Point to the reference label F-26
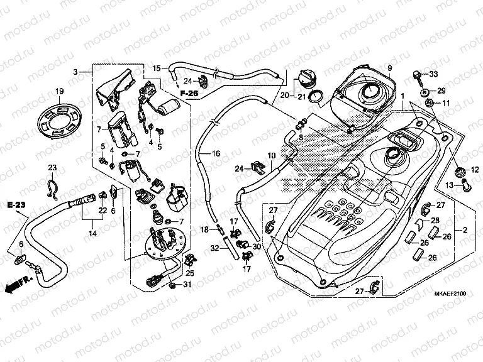pyautogui.click(x=189, y=94)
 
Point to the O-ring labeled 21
pyautogui.click(x=318, y=96)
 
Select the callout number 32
pyautogui.click(x=214, y=249)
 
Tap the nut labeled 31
pyautogui.click(x=172, y=287)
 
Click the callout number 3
pyautogui.click(x=75, y=73)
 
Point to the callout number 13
pyautogui.click(x=450, y=185)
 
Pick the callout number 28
pyautogui.click(x=434, y=221)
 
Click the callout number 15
pyautogui.click(x=157, y=68)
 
